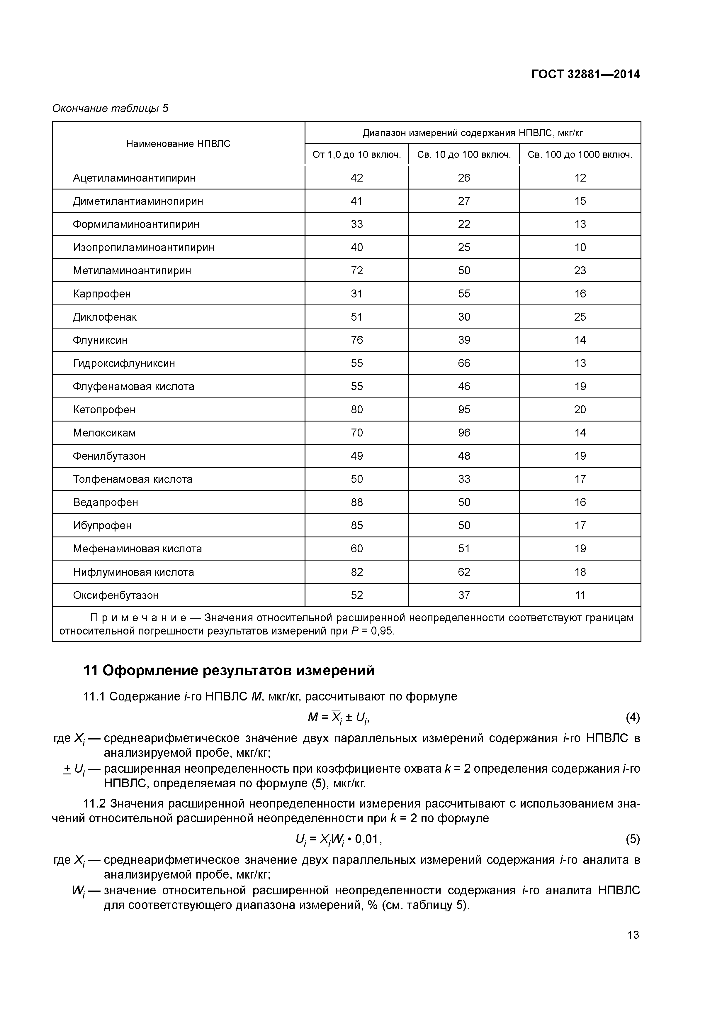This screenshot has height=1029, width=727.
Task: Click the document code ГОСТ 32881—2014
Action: pyautogui.click(x=585, y=75)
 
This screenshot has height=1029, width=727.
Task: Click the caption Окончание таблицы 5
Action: pyautogui.click(x=110, y=109)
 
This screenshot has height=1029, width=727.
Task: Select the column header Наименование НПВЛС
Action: pyautogui.click(x=178, y=143)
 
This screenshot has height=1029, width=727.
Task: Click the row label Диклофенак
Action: pyautogui.click(x=104, y=317)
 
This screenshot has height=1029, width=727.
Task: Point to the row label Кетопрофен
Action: pyautogui.click(x=104, y=409)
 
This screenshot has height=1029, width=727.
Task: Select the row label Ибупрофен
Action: pyautogui.click(x=102, y=525)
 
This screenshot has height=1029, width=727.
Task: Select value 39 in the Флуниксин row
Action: pyautogui.click(x=464, y=340)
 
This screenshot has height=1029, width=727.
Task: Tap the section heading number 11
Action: pyautogui.click(x=91, y=671)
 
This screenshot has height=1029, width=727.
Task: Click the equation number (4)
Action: pyautogui.click(x=633, y=717)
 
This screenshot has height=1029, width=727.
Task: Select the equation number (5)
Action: pyautogui.click(x=633, y=839)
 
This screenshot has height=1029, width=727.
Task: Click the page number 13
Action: pyautogui.click(x=633, y=935)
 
